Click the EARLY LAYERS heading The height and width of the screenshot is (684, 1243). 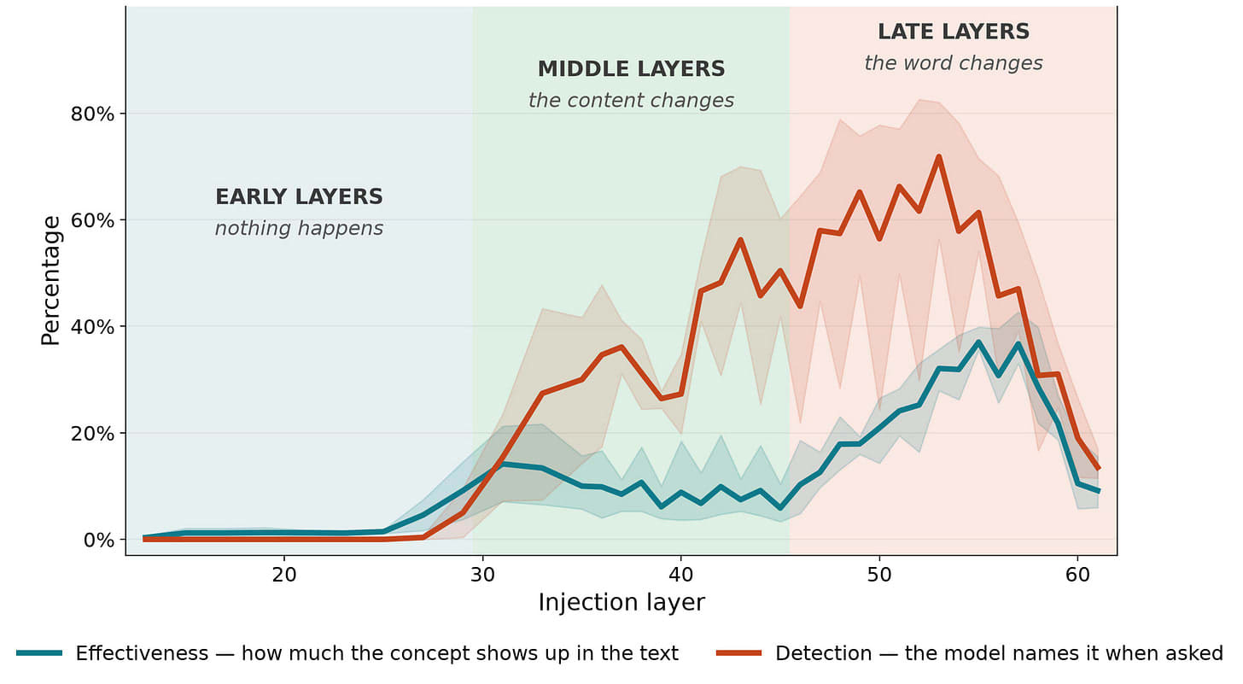pos(299,196)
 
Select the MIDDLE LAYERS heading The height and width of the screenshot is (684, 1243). pos(632,69)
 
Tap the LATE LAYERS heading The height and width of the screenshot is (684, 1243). pos(954,32)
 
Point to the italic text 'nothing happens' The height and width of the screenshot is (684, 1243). pos(299,228)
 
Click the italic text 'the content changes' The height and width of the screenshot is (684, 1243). pos(631,101)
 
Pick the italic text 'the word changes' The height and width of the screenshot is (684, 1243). pos(954,63)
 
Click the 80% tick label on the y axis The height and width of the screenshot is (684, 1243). pos(92,114)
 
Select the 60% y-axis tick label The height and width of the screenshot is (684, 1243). pos(92,220)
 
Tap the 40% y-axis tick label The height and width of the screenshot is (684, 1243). pos(92,326)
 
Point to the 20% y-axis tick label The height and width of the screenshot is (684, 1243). pos(92,433)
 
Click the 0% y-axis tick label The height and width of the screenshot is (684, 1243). pos(99,540)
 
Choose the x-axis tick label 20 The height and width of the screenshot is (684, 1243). pos(284,576)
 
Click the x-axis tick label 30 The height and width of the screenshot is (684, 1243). pos(483,576)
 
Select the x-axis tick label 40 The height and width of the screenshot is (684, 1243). pos(681,576)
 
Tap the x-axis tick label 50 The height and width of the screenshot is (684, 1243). pos(879,576)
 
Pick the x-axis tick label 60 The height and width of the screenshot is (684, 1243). pos(1077,576)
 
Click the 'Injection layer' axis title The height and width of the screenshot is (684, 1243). pos(621,603)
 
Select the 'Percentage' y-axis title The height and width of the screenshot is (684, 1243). pos(50,280)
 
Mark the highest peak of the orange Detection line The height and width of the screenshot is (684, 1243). pos(939,156)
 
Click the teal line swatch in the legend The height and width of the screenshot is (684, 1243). pos(39,653)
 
